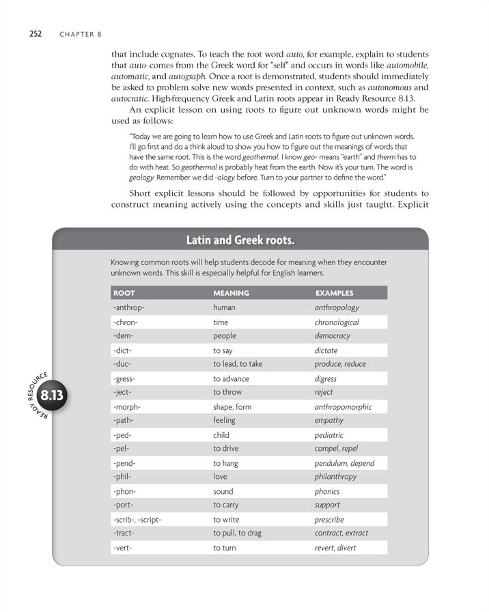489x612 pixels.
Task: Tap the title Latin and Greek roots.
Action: [240, 240]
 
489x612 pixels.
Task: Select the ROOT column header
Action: [124, 293]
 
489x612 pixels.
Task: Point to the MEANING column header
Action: [231, 293]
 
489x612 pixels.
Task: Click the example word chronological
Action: [337, 322]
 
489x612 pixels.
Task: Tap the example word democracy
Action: [332, 336]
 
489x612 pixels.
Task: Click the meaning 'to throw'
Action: [227, 393]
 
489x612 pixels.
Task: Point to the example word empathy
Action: [329, 421]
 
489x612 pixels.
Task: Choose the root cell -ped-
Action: [122, 435]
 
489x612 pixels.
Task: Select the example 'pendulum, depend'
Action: [344, 463]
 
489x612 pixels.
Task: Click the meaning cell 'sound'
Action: [223, 491]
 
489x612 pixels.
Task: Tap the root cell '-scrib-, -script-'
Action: [137, 519]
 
